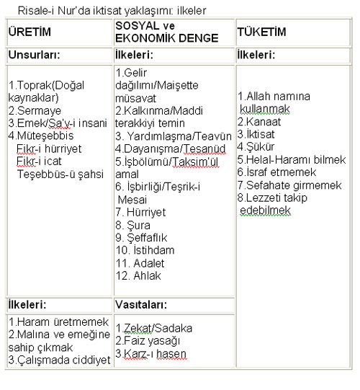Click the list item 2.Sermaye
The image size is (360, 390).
click(x=33, y=111)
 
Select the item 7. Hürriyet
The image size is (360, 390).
click(x=140, y=212)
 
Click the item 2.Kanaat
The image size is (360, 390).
click(x=260, y=120)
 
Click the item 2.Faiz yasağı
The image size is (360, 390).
click(x=148, y=340)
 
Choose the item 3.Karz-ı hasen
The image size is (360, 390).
click(x=150, y=353)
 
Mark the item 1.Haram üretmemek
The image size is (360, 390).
click(x=58, y=322)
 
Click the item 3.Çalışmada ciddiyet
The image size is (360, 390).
click(x=58, y=360)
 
